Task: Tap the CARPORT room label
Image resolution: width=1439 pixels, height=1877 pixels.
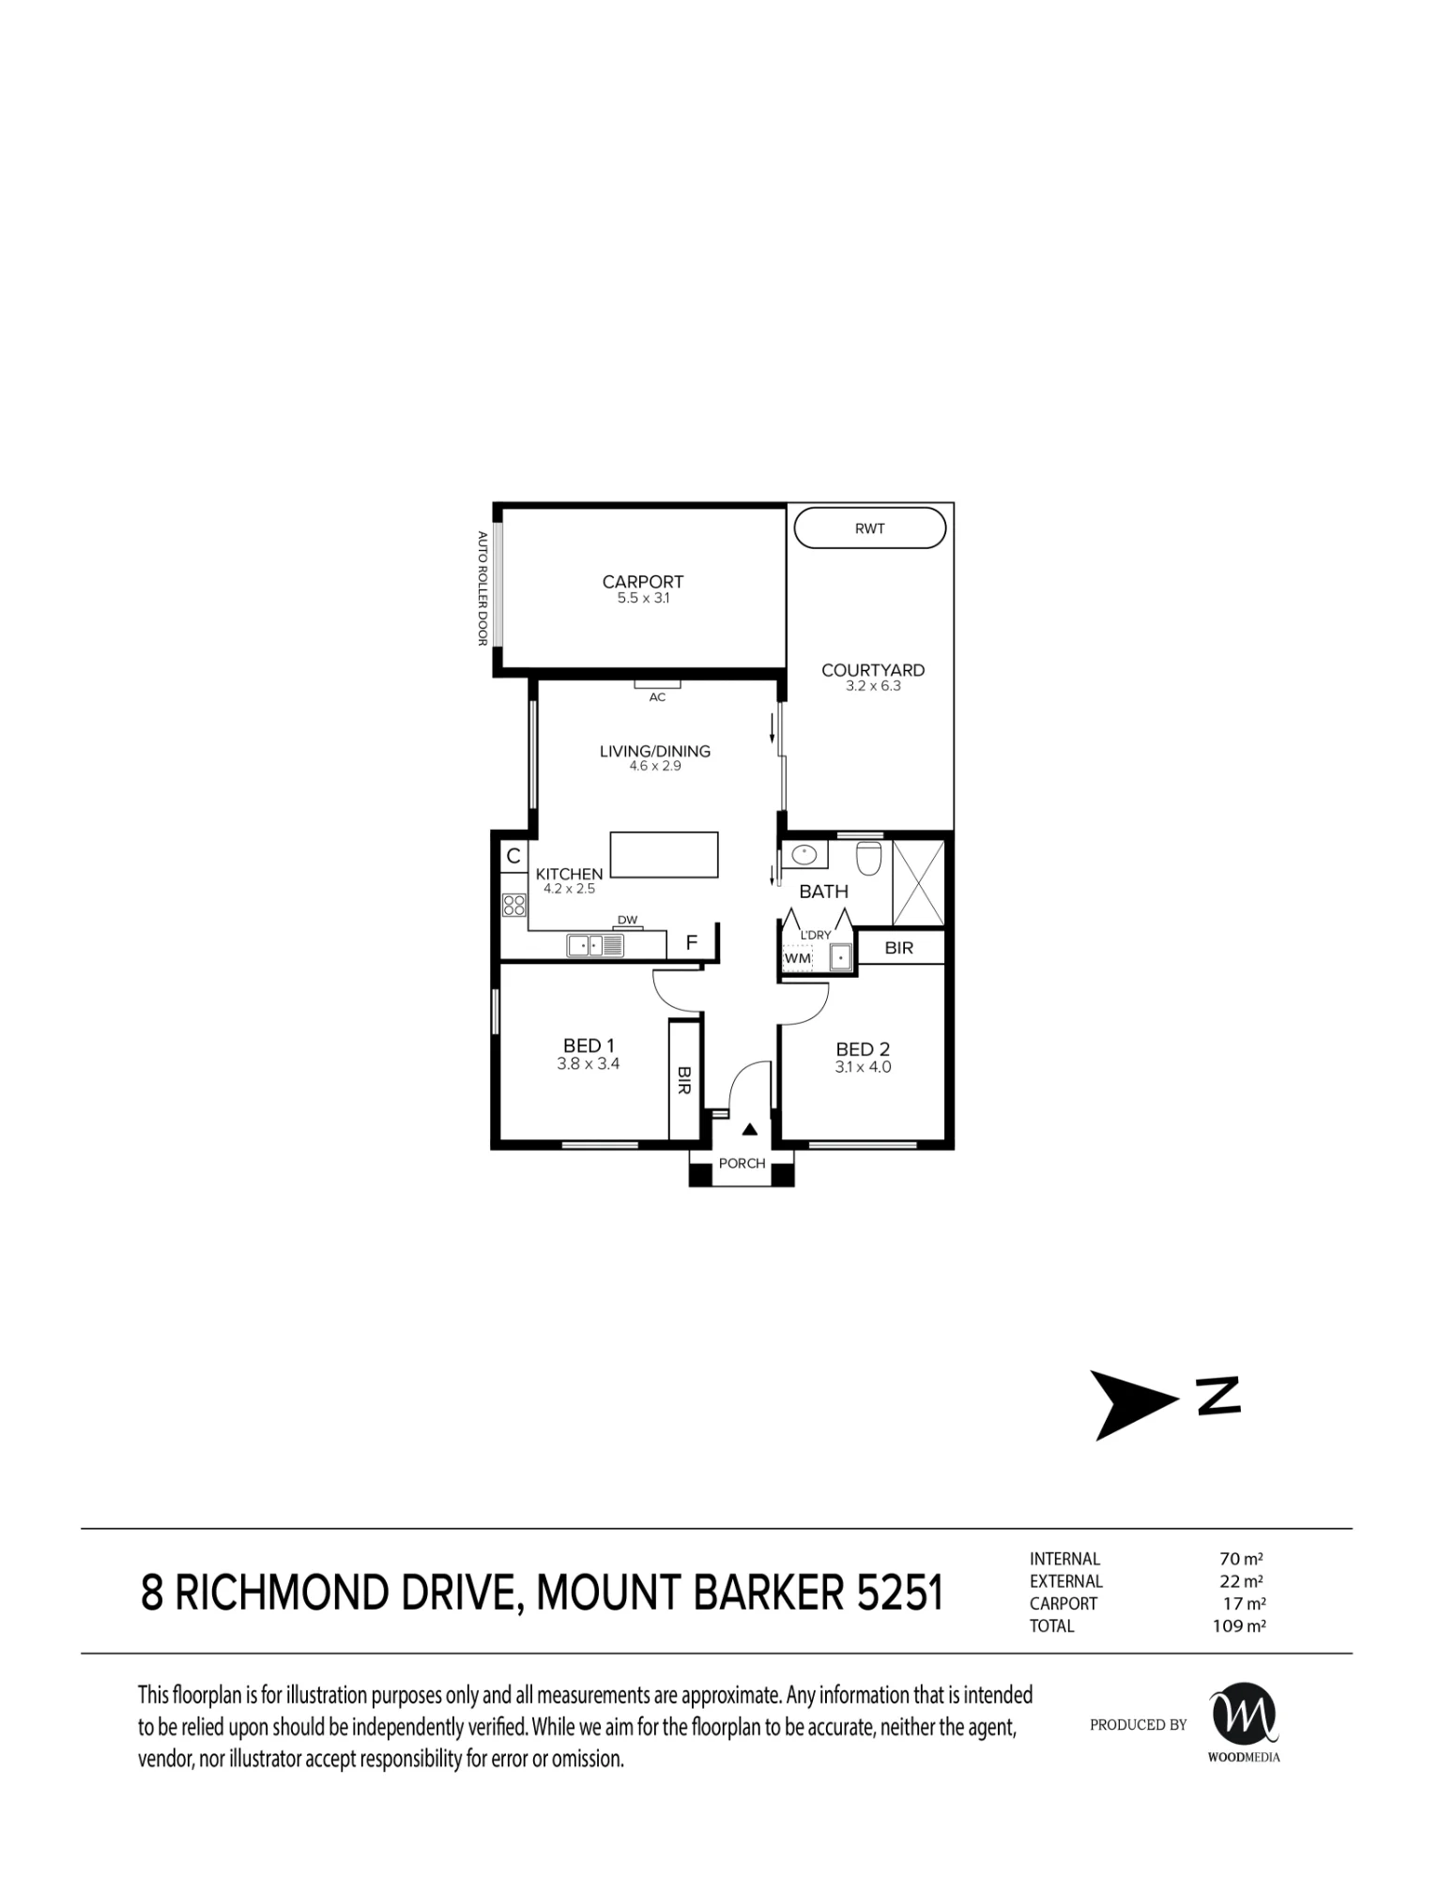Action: coord(643,582)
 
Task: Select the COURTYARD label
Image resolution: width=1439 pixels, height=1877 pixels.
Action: coord(873,670)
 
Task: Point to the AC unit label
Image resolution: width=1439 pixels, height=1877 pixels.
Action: coord(657,697)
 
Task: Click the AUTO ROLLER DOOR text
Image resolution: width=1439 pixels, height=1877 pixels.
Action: coord(482,588)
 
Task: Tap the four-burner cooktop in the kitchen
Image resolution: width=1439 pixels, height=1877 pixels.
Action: coord(514,905)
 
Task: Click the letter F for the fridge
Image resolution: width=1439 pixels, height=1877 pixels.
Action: coord(692,942)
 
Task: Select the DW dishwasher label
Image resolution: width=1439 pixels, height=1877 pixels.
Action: coord(628,921)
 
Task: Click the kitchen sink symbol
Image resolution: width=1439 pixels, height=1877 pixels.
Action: coord(595,945)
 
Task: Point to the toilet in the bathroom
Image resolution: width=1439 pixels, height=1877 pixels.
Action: coord(868,858)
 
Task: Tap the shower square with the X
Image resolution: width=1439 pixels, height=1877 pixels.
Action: coord(918,882)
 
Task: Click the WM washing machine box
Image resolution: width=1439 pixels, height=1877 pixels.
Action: coord(798,958)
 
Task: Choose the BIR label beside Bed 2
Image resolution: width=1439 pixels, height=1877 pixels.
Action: coord(899,948)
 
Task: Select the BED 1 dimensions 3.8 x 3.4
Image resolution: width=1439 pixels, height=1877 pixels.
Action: coord(589,1064)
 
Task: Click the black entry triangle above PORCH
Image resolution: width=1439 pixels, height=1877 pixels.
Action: coord(749,1129)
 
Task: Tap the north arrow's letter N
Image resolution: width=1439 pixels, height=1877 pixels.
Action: coord(1217,1396)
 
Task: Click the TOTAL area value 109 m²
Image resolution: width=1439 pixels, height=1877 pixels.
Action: coord(1239,1626)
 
